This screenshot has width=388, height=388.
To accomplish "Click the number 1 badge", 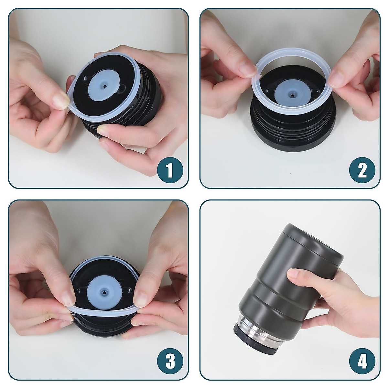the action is tap(170, 170).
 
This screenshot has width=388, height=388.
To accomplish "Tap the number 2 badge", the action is tap(362, 170).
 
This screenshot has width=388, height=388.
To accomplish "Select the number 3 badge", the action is tap(170, 361).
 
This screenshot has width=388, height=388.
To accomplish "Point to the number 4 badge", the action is tap(362, 361).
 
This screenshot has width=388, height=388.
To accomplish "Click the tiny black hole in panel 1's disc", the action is tap(105, 86).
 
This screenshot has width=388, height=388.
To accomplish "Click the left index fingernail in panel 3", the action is tap(67, 299).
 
